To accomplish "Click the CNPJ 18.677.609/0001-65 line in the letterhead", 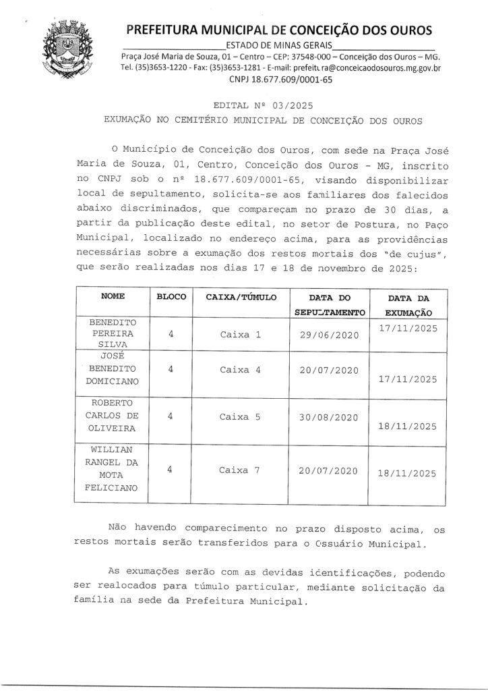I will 280,79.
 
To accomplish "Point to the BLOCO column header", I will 171,297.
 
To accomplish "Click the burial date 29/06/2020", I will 328,335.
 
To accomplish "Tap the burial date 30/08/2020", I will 328,417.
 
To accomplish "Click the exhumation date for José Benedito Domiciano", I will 408,379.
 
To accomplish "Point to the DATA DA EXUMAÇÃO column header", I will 408,305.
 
